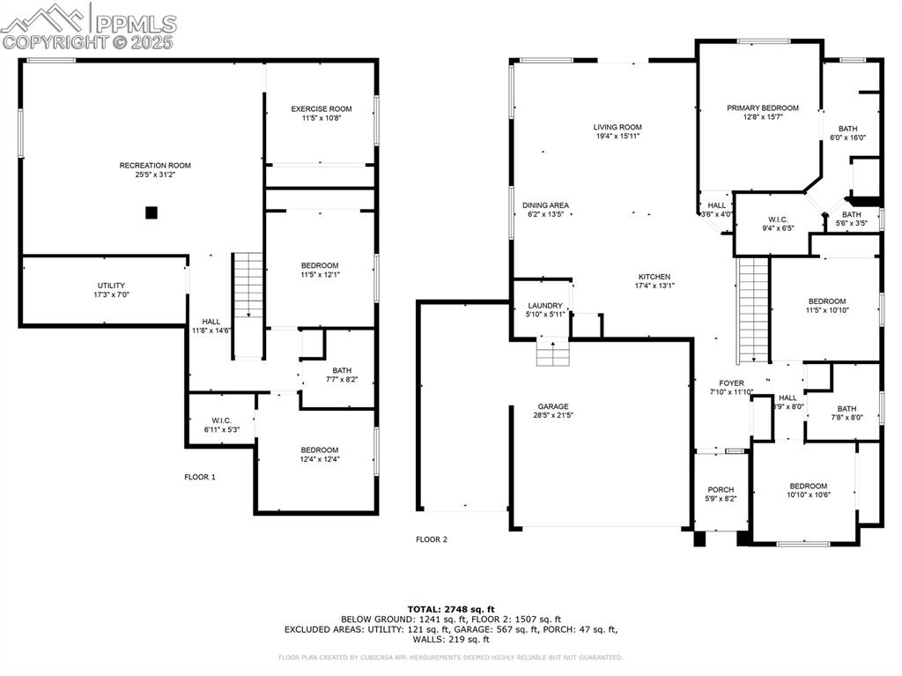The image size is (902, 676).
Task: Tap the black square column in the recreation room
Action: pyautogui.click(x=152, y=212)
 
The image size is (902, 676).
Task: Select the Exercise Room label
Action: pyautogui.click(x=322, y=114)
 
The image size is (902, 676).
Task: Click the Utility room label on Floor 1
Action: pyautogui.click(x=111, y=290)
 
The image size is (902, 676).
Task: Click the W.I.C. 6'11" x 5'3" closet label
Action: pyautogui.click(x=221, y=425)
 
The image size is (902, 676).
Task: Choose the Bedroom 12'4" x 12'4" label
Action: pyautogui.click(x=319, y=454)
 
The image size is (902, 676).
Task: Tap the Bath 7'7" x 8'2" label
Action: pyautogui.click(x=343, y=375)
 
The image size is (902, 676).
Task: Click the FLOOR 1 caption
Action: pyautogui.click(x=200, y=477)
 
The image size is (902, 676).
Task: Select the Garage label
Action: pyautogui.click(x=553, y=411)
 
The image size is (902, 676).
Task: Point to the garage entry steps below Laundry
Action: pyautogui.click(x=551, y=355)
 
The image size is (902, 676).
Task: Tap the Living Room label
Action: pyautogui.click(x=617, y=131)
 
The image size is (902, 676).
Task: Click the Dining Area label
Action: pyautogui.click(x=545, y=210)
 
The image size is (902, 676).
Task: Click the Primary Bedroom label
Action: pyautogui.click(x=762, y=112)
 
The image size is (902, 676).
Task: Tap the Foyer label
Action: pyautogui.click(x=731, y=388)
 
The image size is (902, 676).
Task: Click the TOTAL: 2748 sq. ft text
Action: pyautogui.click(x=450, y=609)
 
